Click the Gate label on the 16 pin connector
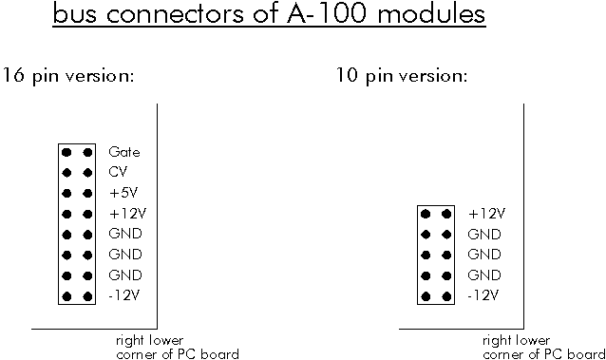click(x=124, y=152)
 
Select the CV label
click(x=118, y=172)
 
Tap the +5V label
click(x=123, y=193)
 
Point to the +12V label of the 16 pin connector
click(x=126, y=214)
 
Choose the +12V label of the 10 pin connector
click(x=485, y=214)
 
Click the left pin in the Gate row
click(x=67, y=152)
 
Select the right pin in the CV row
click(x=87, y=172)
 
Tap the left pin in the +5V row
click(x=67, y=193)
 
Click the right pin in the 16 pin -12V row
click(x=87, y=296)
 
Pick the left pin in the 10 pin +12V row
click(x=426, y=214)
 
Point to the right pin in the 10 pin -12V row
click(x=446, y=296)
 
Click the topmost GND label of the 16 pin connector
click(x=125, y=235)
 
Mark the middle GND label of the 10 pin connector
click(x=484, y=255)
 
